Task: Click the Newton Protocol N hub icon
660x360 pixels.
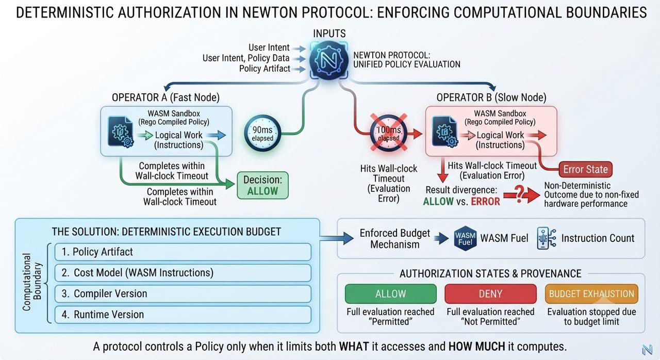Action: (x=329, y=61)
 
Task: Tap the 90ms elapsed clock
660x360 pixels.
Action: (x=262, y=133)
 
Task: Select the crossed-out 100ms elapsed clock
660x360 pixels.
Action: (x=389, y=133)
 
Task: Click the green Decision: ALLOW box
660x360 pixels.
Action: (x=262, y=185)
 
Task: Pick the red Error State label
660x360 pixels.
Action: (x=585, y=169)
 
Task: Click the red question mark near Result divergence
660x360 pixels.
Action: (x=520, y=194)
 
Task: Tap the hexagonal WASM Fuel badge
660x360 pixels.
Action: (x=465, y=238)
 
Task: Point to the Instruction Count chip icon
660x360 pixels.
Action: (x=546, y=238)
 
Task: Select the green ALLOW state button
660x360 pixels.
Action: (x=390, y=293)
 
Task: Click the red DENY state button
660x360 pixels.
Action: (x=490, y=293)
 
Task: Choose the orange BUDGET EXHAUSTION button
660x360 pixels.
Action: (x=591, y=293)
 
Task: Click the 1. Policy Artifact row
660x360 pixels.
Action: (x=183, y=252)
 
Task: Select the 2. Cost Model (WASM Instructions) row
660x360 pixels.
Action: (x=183, y=273)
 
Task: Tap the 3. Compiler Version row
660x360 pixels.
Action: (x=183, y=293)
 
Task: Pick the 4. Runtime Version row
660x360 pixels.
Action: (x=183, y=315)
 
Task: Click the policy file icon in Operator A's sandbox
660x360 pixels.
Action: (x=121, y=132)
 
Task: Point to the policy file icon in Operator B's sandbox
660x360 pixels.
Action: (x=445, y=132)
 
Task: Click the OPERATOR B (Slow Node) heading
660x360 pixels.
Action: (x=491, y=97)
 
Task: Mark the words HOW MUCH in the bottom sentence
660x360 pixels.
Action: (x=476, y=347)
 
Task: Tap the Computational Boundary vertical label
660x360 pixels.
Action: (x=32, y=282)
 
